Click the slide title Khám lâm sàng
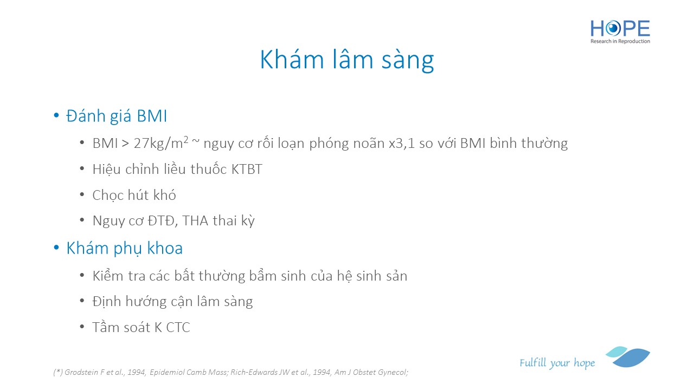[x=346, y=60]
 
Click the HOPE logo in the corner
[x=620, y=31]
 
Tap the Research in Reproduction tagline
[x=620, y=41]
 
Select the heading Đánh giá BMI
[x=117, y=116]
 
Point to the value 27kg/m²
[x=161, y=143]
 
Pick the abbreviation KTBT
[x=247, y=170]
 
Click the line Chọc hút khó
[x=134, y=196]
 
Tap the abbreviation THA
[x=195, y=220]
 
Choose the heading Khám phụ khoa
[x=125, y=248]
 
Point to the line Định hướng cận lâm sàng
[x=172, y=302]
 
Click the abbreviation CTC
[x=178, y=328]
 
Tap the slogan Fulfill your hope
[x=557, y=363]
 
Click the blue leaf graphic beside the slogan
[x=628, y=356]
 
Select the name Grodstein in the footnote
[x=81, y=372]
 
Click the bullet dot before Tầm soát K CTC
[x=82, y=327]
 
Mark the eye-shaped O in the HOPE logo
[x=613, y=29]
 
